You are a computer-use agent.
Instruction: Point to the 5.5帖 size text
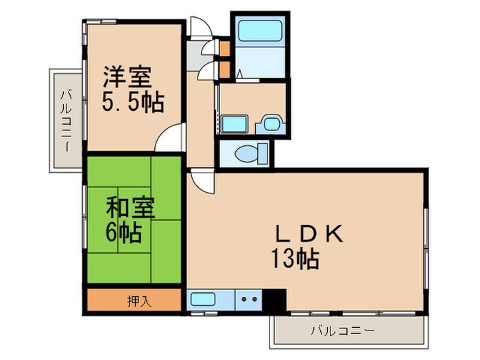click(133, 103)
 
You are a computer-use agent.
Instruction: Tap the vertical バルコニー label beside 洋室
click(67, 121)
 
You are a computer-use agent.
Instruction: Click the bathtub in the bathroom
click(260, 32)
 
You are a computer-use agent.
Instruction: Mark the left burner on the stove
click(244, 299)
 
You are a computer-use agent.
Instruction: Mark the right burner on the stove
click(254, 299)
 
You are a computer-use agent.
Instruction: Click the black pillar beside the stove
click(276, 300)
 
